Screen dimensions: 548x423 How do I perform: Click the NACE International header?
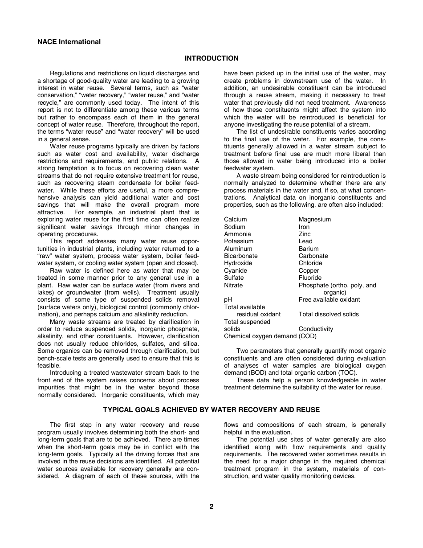pos(69,42)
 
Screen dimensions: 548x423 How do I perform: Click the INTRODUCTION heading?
pos(211,58)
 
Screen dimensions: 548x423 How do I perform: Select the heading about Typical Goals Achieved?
pos(211,410)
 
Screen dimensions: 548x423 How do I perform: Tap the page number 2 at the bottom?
pos(211,507)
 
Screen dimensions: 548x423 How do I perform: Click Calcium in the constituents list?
pos(235,219)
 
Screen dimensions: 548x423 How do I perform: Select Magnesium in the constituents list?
pos(314,219)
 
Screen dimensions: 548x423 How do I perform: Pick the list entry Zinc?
pos(305,234)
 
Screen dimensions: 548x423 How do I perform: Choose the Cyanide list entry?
pos(235,270)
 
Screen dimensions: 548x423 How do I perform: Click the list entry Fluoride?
pos(310,278)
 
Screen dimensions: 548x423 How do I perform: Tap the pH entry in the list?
pos(228,299)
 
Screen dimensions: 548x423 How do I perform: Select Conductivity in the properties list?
pos(316,329)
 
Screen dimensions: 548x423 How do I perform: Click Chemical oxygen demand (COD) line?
pos(270,336)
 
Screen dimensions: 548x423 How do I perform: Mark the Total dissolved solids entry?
pos(329,314)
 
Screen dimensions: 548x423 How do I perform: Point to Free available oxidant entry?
pos(329,299)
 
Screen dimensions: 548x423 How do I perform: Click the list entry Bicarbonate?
pos(240,256)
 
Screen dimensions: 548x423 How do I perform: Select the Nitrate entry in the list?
pos(233,285)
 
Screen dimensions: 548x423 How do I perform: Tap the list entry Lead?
pos(305,241)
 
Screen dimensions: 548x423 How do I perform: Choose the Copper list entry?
pos(309,270)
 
